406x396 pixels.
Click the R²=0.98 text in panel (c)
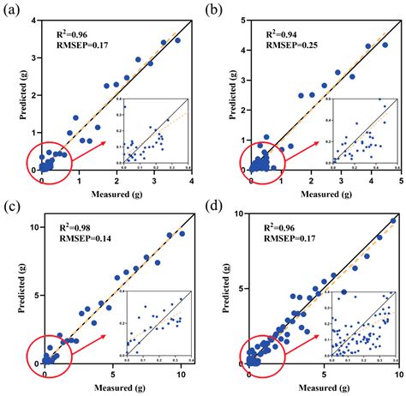click(75, 226)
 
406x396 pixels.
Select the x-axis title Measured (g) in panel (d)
click(323, 387)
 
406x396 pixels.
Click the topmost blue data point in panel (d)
click(391, 221)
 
